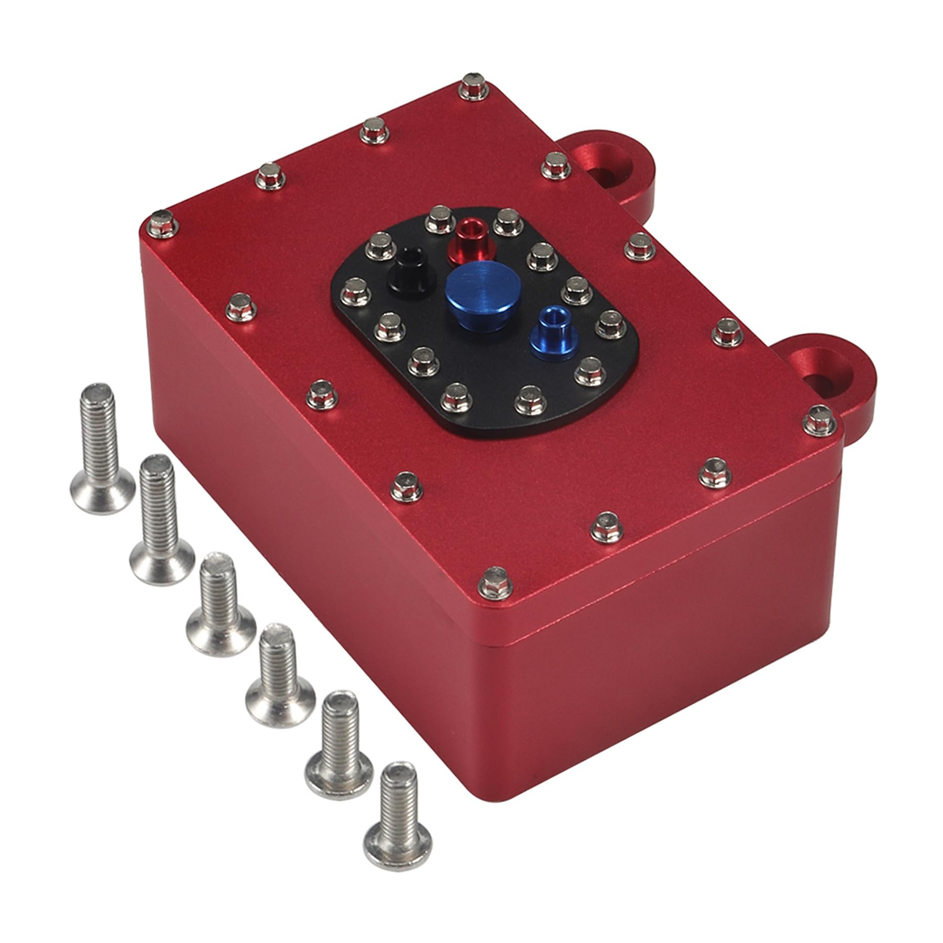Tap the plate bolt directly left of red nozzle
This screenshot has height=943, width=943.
440,220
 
